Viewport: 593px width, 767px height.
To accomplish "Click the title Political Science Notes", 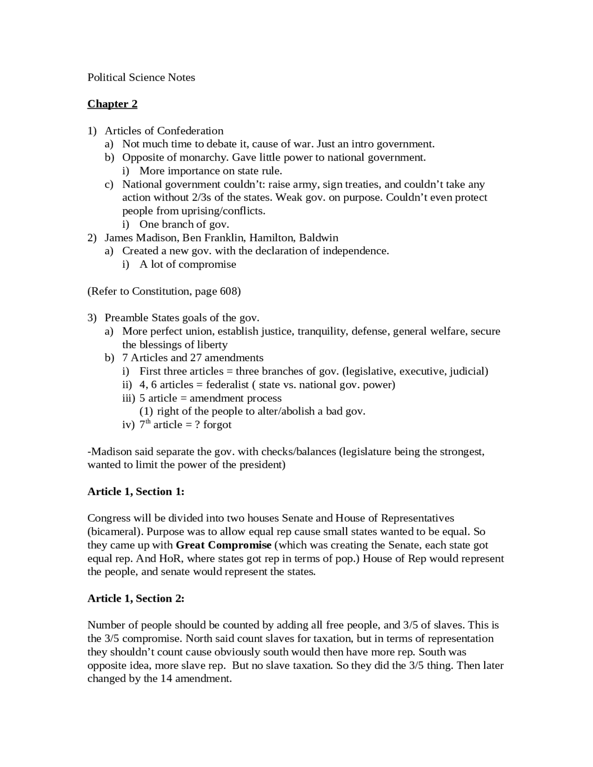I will click(141, 77).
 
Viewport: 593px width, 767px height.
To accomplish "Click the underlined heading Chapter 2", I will click(112, 104).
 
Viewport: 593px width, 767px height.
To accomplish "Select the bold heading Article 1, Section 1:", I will click(136, 491).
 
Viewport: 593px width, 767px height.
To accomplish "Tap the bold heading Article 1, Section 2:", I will click(136, 598).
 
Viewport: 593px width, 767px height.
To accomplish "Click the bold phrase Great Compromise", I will click(224, 545).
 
